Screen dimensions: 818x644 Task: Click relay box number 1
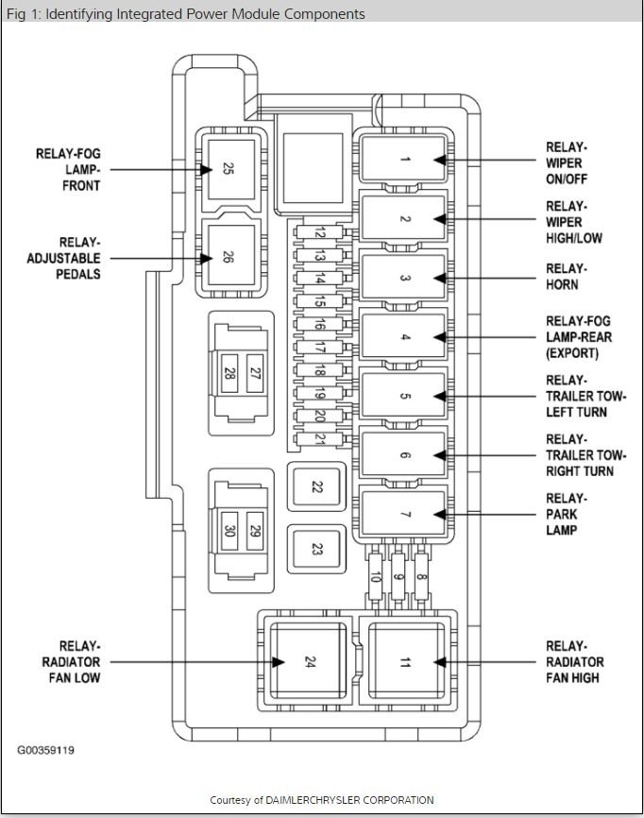404,160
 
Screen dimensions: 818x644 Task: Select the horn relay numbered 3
404,279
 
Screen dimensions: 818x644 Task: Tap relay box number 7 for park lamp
404,515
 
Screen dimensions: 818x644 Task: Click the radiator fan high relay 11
405,661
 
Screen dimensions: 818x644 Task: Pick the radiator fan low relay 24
306,661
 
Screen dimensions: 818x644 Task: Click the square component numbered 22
316,487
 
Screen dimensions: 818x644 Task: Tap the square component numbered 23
316,547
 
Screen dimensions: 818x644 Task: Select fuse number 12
321,233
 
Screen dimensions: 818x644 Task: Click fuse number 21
321,439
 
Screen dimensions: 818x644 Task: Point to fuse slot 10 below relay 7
376,579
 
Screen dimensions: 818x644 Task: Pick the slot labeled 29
254,530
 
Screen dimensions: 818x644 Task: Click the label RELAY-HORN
567,277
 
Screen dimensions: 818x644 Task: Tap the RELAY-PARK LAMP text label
567,515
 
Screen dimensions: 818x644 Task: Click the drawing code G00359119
45,751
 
